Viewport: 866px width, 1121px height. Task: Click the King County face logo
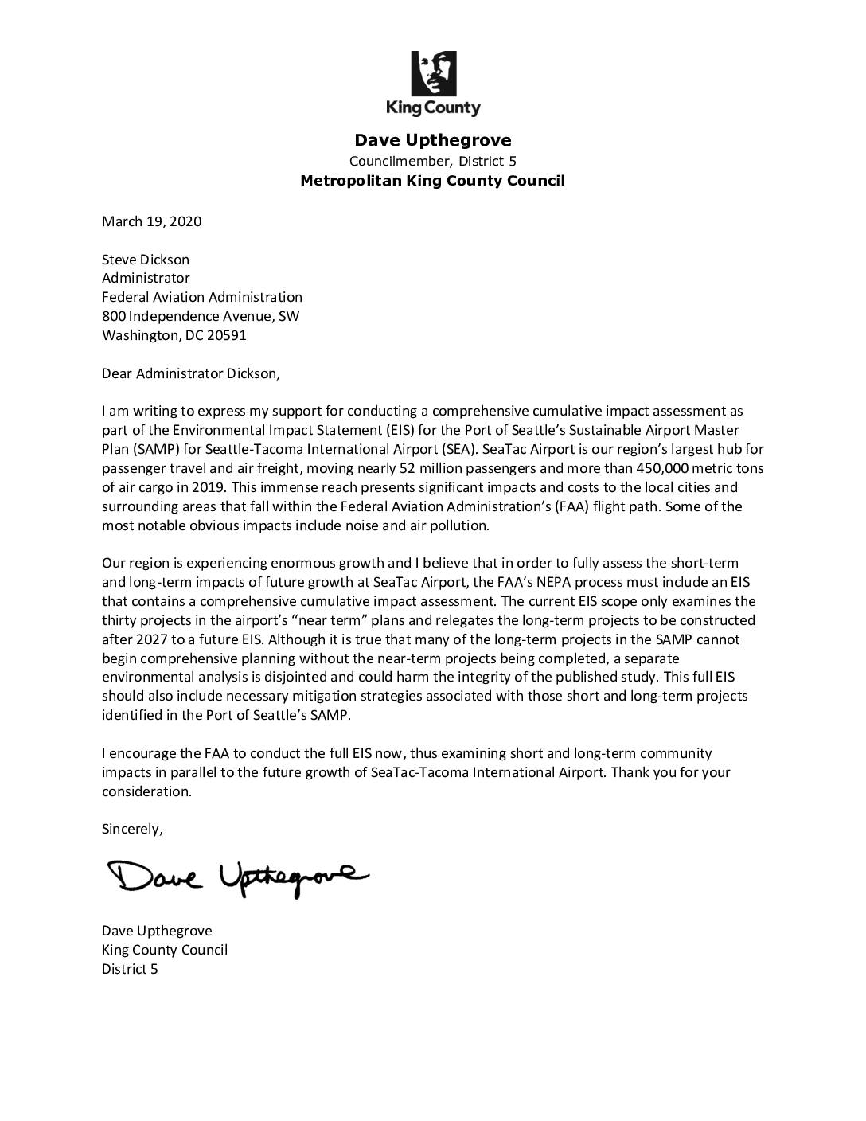pos(433,73)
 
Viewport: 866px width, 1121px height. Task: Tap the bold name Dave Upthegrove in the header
pos(433,140)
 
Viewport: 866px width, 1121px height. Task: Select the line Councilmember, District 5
pos(433,161)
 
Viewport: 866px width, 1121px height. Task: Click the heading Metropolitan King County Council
pos(433,181)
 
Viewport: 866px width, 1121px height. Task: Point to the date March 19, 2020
pos(151,221)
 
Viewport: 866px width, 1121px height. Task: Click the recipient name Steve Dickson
pos(146,260)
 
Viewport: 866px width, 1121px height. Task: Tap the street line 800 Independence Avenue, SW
pos(201,316)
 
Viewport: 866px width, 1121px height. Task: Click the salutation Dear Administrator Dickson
pos(191,373)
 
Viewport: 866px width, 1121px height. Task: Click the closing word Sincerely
pos(132,829)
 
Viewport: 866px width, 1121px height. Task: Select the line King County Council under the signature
pos(165,950)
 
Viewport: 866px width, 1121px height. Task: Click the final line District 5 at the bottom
pos(130,969)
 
